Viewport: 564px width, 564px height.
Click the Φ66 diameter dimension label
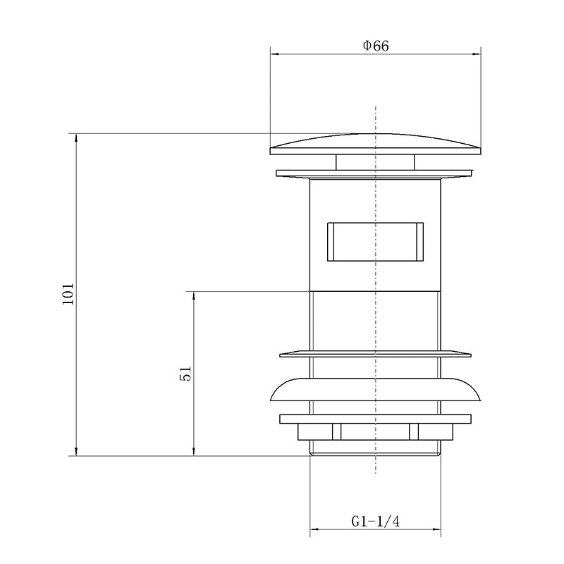pos(376,46)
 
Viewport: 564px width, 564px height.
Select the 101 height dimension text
pos(68,294)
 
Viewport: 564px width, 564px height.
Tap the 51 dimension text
pos(185,374)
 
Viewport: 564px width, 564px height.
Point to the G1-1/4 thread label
pos(376,522)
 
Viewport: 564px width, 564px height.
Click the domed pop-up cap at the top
pos(376,144)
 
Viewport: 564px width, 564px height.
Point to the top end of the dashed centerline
pos(376,108)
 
